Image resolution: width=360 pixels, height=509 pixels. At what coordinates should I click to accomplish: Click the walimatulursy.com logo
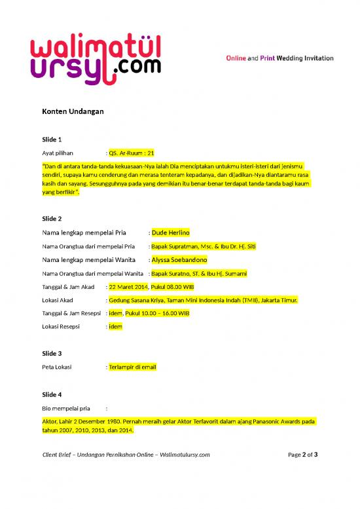point(96,59)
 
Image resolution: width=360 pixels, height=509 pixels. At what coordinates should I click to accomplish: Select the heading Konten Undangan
point(72,111)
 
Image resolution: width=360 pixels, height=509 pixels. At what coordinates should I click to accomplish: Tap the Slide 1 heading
point(52,140)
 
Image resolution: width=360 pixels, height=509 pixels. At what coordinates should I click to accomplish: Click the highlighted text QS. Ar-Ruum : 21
point(132,153)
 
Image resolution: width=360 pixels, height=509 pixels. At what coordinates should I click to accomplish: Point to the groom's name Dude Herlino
point(170,233)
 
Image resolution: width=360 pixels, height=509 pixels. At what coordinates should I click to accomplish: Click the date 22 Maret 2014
point(128,287)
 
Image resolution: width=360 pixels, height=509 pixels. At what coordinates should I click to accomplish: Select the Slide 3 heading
point(52,354)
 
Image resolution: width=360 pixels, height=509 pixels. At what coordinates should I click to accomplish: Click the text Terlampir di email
point(133,367)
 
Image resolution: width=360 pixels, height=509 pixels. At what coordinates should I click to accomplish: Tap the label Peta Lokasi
point(57,367)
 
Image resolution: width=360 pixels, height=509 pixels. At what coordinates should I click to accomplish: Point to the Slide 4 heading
point(52,394)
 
